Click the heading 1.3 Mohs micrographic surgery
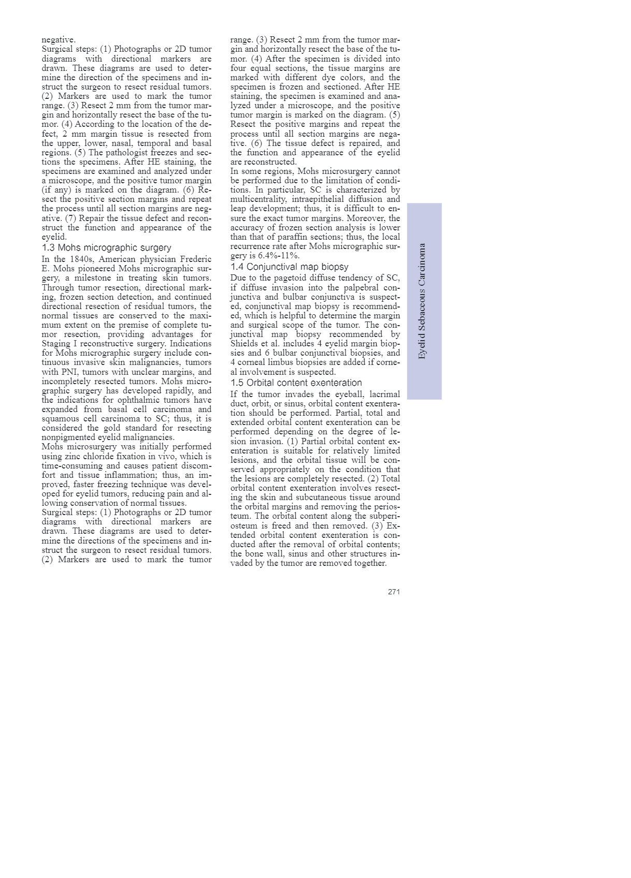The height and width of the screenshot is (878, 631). click(x=106, y=248)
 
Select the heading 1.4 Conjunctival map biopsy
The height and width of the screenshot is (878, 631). click(x=289, y=267)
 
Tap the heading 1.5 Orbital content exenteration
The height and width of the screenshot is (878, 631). click(x=296, y=383)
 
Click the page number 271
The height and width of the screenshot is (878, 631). click(x=394, y=592)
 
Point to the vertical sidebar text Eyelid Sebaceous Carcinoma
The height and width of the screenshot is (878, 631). click(x=423, y=301)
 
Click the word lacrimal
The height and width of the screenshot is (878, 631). click(x=384, y=394)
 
